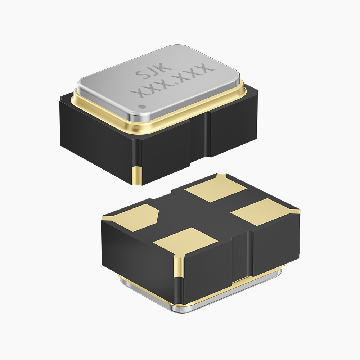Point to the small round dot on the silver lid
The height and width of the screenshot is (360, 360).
[141, 107]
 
